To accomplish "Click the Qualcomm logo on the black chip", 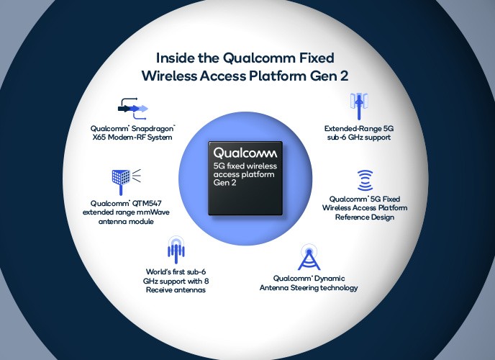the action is [245, 153].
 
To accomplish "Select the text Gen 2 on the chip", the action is [224, 183].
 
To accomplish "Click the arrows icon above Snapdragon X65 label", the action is [133, 109].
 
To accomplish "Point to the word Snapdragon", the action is [153, 129].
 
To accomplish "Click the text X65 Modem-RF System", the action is [132, 138].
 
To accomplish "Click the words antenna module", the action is [126, 221].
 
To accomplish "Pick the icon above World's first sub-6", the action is [176, 250].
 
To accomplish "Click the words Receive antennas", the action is [176, 290].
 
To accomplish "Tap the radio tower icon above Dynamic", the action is [309, 257].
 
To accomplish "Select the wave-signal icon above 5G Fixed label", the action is [365, 180].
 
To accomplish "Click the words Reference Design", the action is [365, 217].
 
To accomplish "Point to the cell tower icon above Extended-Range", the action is [359, 106].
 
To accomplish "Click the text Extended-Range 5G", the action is [359, 129].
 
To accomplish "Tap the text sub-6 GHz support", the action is [359, 138].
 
